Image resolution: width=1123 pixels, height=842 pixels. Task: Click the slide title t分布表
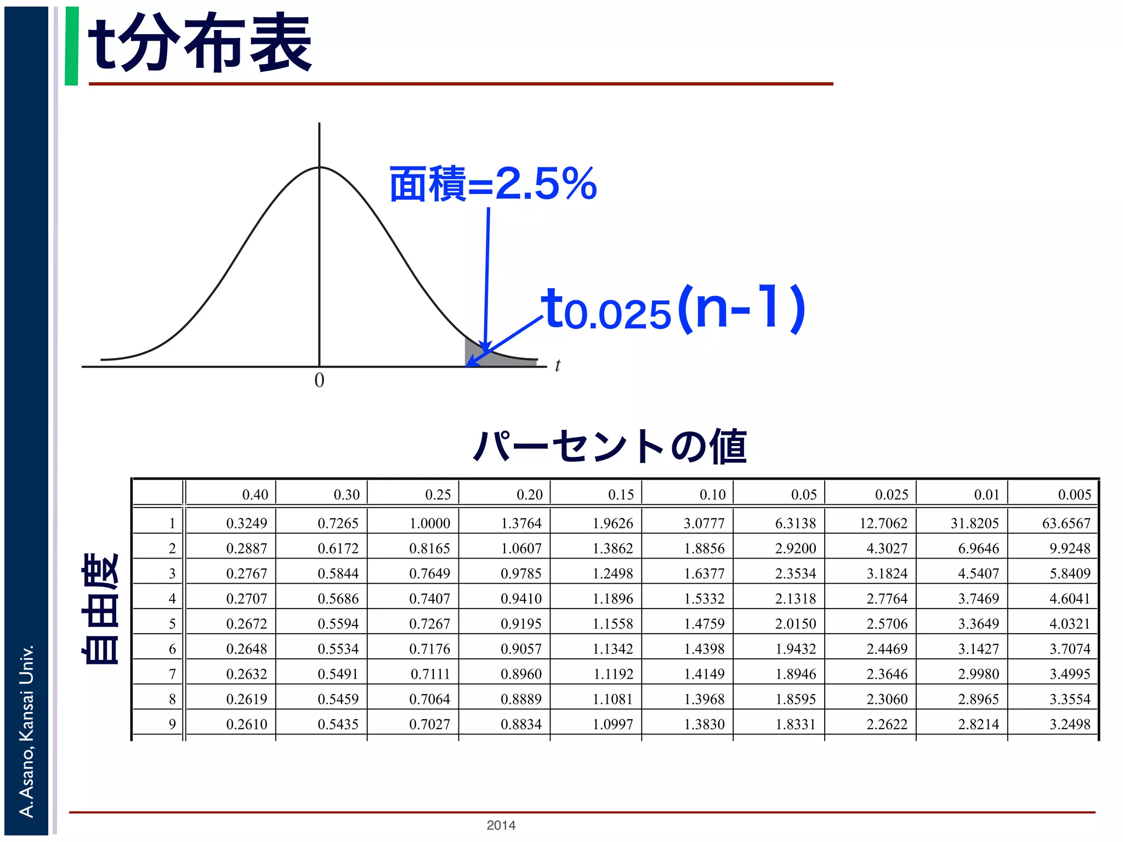(x=200, y=44)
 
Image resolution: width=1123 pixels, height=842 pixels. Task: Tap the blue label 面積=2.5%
(x=492, y=184)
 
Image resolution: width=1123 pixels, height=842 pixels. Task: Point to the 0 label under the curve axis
(x=319, y=380)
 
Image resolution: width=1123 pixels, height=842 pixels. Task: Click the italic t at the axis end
(x=557, y=366)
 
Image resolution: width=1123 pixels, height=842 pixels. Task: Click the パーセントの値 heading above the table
(x=610, y=446)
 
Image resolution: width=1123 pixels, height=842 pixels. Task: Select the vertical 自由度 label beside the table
(x=100, y=608)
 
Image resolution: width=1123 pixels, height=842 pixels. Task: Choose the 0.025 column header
(x=891, y=494)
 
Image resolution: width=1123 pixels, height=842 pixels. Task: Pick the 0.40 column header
(x=255, y=494)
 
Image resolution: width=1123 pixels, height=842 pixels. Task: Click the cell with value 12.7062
(x=883, y=523)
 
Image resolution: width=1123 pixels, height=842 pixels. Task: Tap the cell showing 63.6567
(x=1066, y=523)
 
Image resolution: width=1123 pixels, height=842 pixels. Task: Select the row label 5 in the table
(x=172, y=624)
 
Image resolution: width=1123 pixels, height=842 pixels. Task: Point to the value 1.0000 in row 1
(x=429, y=523)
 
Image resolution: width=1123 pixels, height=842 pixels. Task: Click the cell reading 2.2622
(x=887, y=724)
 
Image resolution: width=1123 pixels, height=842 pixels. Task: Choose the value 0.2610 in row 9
(x=247, y=724)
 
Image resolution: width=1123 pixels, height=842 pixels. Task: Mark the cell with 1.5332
(x=704, y=599)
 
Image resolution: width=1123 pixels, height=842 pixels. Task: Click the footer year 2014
(x=501, y=825)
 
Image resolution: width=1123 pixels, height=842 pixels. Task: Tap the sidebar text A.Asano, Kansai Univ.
(x=26, y=731)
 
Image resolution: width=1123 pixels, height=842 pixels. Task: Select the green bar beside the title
(x=71, y=46)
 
